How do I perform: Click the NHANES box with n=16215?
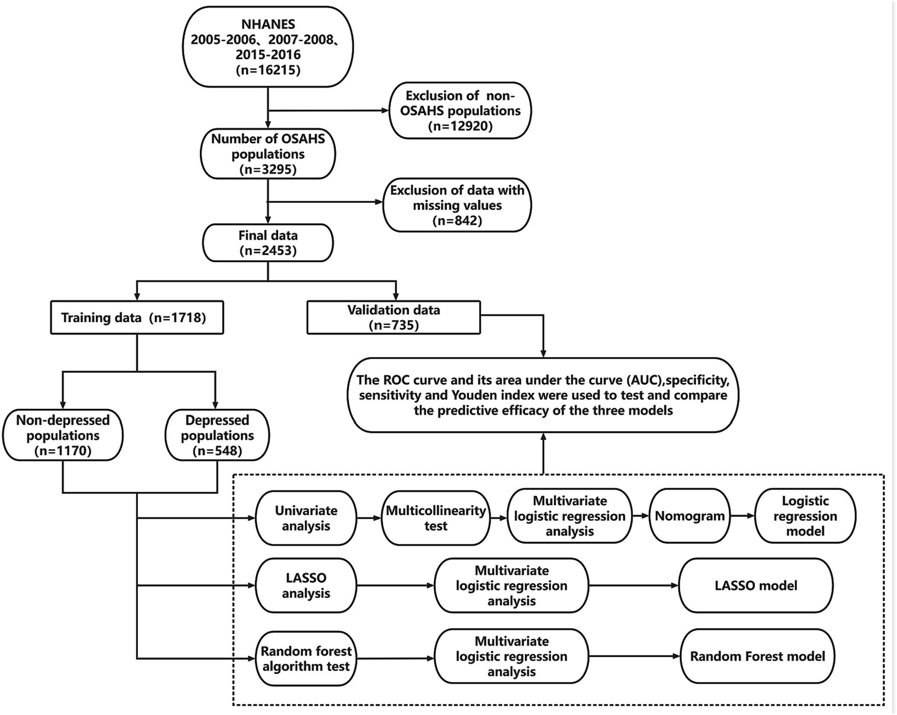point(268,47)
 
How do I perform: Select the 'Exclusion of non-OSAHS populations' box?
point(460,110)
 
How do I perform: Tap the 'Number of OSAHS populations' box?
point(268,154)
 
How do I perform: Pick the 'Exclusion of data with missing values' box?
point(457,205)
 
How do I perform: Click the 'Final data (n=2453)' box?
point(268,243)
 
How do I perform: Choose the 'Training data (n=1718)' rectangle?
point(137,317)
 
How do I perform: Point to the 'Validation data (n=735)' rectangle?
point(393,317)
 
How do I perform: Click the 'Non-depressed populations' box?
point(63,436)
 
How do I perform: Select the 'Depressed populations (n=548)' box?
point(217,436)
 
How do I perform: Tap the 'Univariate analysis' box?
point(306,518)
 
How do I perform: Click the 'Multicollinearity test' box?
point(435,518)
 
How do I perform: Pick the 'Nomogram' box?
point(690,516)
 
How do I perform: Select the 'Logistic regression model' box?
point(805,516)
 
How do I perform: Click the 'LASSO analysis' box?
point(306,585)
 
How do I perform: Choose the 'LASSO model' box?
point(756,585)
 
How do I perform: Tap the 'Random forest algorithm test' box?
point(306,659)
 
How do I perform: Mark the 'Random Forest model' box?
point(757,656)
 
